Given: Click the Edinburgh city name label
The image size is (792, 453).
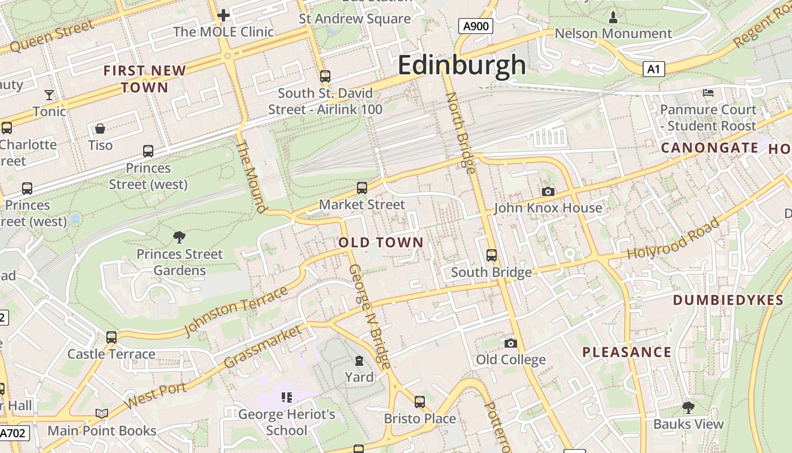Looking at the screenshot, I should click(462, 65).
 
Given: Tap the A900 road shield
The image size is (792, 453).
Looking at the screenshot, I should click(475, 26).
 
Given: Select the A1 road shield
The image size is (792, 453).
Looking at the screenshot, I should click(653, 69).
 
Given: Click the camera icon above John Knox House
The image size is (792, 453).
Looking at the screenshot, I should click(548, 192).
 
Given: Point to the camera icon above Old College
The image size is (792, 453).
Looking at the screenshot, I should click(510, 343).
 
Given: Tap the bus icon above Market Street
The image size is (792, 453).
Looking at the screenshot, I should click(362, 188).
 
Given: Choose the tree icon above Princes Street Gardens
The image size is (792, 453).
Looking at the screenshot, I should click(179, 237).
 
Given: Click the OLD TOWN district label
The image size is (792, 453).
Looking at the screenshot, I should click(381, 243).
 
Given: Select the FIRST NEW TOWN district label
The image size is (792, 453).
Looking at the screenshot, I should click(145, 79).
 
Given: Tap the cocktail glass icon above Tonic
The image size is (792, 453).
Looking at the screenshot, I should click(49, 95).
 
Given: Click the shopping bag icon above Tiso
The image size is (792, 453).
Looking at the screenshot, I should click(100, 129).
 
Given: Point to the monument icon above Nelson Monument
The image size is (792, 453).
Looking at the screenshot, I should click(613, 18).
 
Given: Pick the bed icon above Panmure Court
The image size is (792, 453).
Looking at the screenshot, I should click(708, 93).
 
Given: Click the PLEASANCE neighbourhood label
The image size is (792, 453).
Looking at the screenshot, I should click(627, 352).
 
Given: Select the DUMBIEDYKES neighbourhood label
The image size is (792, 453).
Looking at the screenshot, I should click(728, 300).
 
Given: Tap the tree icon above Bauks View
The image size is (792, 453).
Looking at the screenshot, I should click(688, 407).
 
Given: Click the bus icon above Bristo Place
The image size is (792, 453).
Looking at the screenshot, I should click(419, 402).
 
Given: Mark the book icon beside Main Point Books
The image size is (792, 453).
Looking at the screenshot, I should click(102, 414).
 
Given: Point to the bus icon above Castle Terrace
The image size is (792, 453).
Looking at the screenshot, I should click(111, 337).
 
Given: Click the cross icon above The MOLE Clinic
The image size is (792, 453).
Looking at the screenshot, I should click(223, 15).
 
